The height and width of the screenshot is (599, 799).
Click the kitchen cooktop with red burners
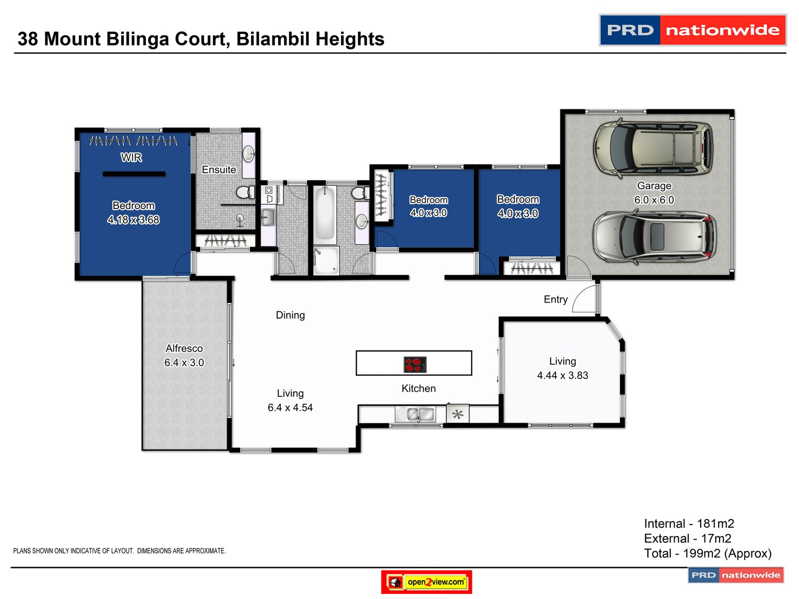415,364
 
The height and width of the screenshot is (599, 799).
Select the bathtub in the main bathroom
325,215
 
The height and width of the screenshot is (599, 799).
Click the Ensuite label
219,170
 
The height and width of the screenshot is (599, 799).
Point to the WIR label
131,157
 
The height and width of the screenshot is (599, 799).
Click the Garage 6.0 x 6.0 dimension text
654,200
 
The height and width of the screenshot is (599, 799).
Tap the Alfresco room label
184,348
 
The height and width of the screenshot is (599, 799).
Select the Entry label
555,299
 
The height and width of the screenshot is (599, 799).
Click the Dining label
290,315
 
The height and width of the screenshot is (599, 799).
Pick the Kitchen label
418,388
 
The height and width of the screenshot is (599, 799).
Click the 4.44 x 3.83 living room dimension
562,375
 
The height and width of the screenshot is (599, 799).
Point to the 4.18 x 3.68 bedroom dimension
133,220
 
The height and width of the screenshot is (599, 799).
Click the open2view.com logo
426,582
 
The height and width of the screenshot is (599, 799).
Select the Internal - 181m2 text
689,523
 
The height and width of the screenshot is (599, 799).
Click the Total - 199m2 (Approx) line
708,553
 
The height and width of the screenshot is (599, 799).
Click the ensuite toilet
246,192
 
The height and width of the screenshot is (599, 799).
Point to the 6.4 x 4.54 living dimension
290,408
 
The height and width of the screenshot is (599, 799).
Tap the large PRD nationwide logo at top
693,30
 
